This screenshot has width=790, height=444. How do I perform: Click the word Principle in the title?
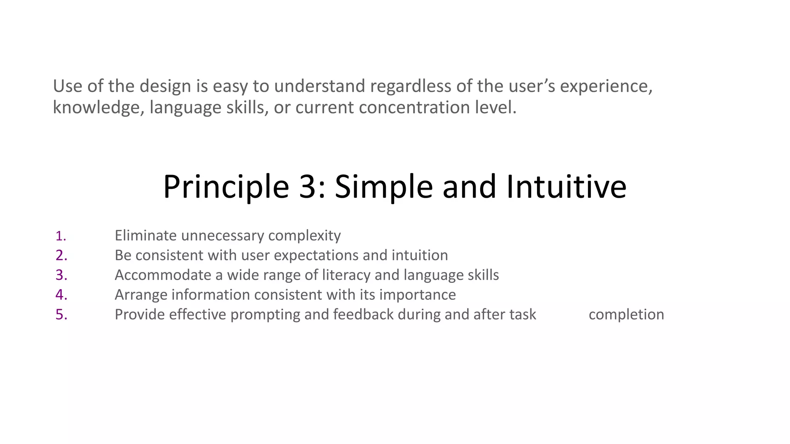click(226, 187)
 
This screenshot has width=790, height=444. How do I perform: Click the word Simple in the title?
click(384, 187)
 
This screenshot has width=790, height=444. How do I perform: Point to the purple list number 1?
click(61, 236)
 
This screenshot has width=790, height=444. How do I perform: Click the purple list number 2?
click(61, 256)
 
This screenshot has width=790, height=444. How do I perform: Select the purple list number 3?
click(61, 275)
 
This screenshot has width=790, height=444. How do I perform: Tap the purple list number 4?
click(61, 295)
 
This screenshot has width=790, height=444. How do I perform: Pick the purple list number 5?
click(61, 314)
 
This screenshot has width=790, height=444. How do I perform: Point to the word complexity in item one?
click(304, 235)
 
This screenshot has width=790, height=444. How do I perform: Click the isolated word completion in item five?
click(626, 314)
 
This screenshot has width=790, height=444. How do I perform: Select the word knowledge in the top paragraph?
click(98, 108)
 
